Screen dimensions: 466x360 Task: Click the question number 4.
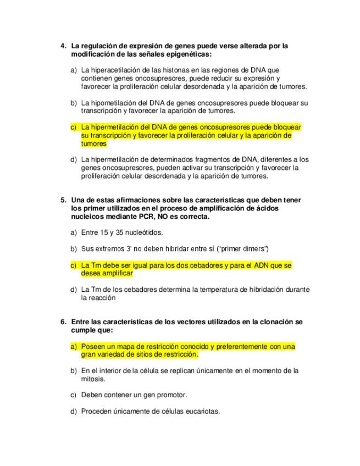(63, 46)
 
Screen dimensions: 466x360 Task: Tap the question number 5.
(63, 200)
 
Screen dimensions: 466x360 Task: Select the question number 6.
(63, 321)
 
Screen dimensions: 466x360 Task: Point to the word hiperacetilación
(112, 70)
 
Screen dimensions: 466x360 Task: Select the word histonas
(179, 70)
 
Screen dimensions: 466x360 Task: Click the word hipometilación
(110, 103)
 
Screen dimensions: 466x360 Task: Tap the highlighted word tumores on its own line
(93, 143)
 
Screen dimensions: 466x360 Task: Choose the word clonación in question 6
(272, 321)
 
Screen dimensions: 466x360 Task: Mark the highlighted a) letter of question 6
(74, 347)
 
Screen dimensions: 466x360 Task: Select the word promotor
(171, 395)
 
